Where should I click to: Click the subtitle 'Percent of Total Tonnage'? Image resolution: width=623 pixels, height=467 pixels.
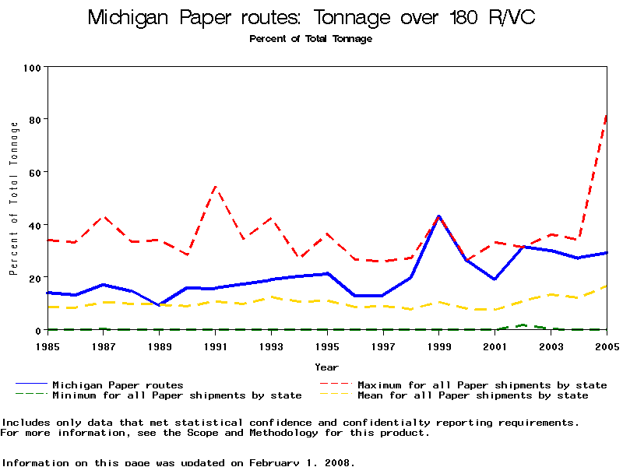tap(311, 39)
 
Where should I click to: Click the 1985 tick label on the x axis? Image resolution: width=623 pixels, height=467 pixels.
tap(48, 346)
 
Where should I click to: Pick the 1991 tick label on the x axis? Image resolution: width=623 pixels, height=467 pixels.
tap(216, 346)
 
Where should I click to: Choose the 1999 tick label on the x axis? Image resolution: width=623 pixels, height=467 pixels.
tap(439, 346)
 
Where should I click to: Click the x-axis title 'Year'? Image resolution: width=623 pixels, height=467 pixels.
tap(326, 367)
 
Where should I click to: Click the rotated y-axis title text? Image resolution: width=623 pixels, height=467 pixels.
tap(13, 198)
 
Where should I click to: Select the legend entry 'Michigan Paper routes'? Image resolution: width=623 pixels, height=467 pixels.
tap(118, 384)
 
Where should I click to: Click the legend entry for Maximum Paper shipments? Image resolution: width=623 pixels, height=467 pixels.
tap(481, 384)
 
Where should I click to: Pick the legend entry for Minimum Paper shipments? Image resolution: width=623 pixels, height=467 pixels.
tap(177, 395)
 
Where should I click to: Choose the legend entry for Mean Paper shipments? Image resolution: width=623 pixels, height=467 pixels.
tap(472, 395)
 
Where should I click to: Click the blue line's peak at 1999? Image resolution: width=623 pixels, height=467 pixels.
tap(439, 216)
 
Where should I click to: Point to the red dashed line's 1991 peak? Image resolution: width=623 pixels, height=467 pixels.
tap(216, 187)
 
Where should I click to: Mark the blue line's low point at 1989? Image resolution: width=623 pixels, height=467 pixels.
tap(160, 305)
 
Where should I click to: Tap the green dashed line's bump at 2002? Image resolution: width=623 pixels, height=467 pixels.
tap(523, 325)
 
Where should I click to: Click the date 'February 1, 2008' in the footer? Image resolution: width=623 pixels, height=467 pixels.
tap(301, 462)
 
